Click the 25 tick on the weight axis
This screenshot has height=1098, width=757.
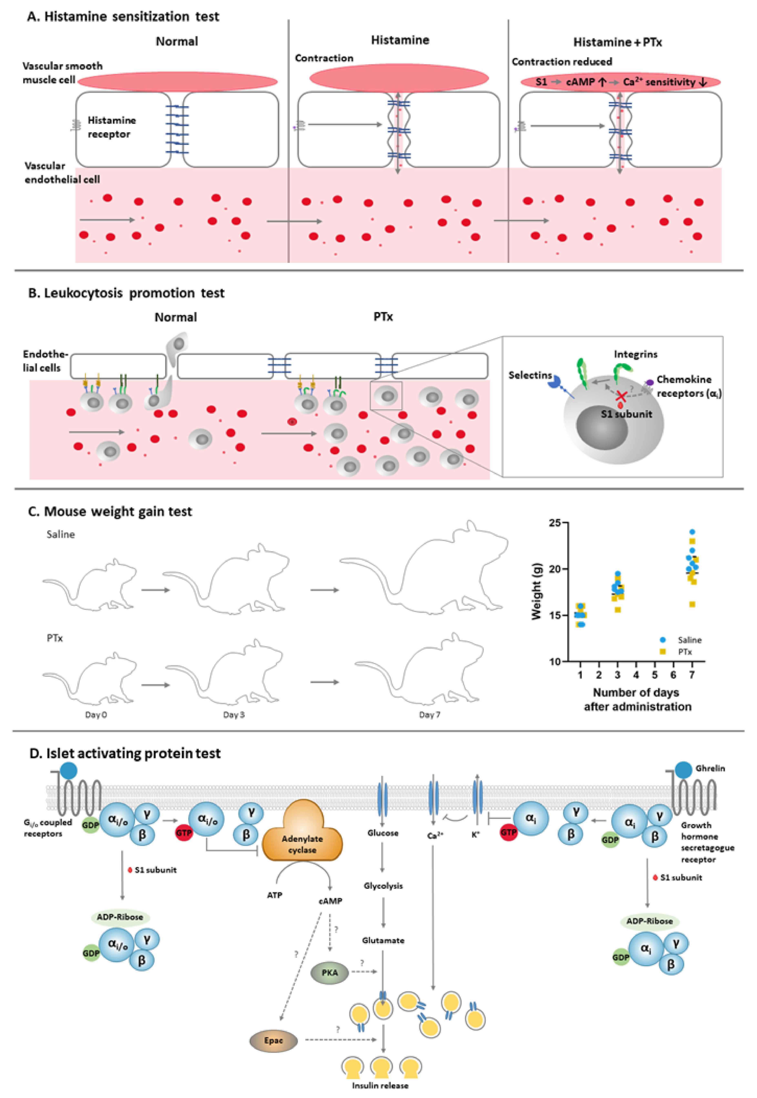tap(555, 523)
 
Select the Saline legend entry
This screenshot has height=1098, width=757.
tap(689, 640)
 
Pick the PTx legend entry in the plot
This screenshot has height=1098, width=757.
tap(684, 652)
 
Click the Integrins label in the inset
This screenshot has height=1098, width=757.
tap(636, 354)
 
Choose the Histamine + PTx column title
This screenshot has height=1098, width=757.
tap(618, 42)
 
